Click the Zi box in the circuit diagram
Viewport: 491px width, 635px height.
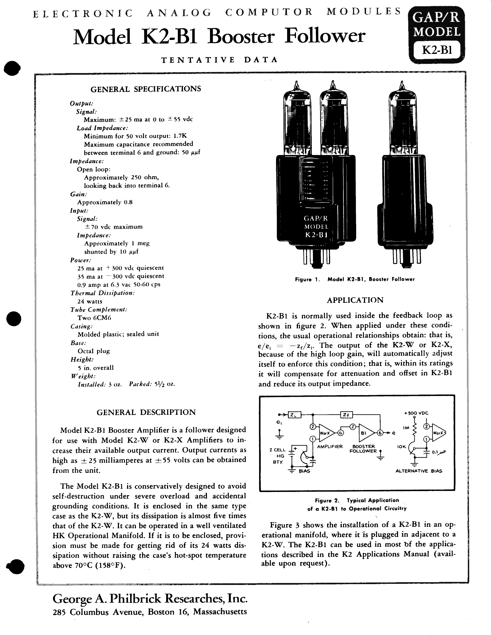pos(294,415)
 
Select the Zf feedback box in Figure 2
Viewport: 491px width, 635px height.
pos(346,415)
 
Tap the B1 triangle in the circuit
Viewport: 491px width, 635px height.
pos(365,433)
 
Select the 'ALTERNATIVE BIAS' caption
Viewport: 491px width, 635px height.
pos(419,471)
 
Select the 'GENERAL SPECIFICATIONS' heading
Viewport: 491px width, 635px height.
pos(146,89)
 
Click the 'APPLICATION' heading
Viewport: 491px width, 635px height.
pos(355,300)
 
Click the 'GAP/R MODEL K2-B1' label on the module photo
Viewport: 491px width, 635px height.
pos(316,227)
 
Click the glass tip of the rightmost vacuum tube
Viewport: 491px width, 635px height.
pos(402,84)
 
